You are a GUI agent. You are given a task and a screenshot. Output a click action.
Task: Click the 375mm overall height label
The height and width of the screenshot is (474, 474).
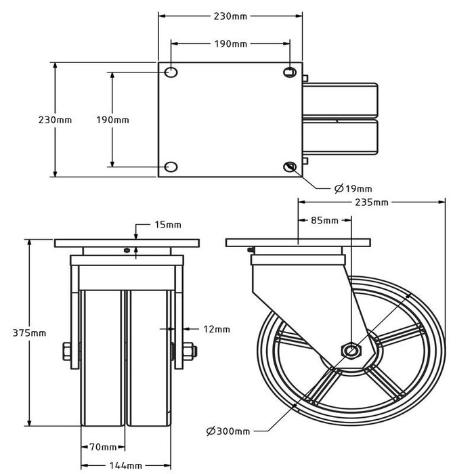tap(29, 333)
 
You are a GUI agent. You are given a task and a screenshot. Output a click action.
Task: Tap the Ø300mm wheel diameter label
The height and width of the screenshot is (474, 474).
tap(228, 431)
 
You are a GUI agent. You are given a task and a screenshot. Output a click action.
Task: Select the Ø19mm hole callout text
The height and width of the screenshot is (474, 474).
tap(353, 189)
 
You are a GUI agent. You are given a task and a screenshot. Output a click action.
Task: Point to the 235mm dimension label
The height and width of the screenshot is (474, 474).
tap(372, 202)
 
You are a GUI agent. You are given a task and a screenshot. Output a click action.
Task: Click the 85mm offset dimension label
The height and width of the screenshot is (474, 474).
tap(324, 220)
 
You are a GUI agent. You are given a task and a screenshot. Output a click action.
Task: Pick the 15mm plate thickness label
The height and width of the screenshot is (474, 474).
tap(168, 225)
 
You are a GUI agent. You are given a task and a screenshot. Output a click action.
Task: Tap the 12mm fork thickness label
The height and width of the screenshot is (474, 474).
tap(217, 329)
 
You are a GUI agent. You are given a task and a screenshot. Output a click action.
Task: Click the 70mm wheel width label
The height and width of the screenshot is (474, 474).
tap(103, 447)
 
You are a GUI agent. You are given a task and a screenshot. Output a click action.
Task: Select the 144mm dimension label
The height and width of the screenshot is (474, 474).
tap(126, 466)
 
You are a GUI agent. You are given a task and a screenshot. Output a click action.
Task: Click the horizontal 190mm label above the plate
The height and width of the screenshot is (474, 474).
tap(231, 44)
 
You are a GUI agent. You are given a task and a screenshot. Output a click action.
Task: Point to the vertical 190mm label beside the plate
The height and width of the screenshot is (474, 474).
tap(113, 120)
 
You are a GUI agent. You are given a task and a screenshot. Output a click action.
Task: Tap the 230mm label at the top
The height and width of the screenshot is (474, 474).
tap(230, 16)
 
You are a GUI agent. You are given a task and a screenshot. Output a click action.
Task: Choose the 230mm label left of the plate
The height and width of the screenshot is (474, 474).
tap(56, 120)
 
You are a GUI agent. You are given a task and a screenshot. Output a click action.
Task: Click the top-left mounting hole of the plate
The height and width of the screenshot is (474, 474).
tap(171, 72)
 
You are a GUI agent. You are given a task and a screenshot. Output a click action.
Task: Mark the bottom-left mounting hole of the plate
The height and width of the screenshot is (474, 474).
tap(171, 167)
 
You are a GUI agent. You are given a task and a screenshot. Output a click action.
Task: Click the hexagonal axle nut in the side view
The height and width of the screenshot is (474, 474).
tap(351, 351)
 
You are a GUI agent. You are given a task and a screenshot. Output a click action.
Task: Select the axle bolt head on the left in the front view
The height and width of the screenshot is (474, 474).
tap(67, 351)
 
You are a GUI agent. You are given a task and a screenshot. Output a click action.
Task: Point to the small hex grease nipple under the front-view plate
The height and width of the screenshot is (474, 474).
tap(127, 251)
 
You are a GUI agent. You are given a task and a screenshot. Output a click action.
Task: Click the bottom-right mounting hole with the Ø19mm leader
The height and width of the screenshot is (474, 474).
tap(290, 167)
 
